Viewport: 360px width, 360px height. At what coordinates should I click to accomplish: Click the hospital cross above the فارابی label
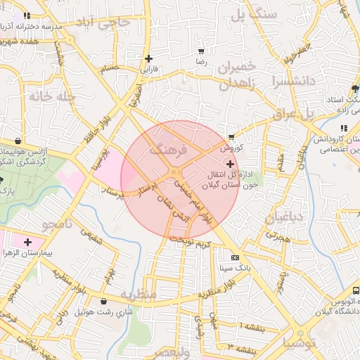[x=148, y=58]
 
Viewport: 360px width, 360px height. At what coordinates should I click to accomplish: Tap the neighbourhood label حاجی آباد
[x=105, y=23]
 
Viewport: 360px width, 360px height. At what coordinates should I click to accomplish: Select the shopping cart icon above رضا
[x=202, y=51]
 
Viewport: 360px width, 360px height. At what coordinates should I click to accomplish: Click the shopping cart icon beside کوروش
[x=231, y=137]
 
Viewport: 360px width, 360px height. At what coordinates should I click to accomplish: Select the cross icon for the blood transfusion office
[x=231, y=163]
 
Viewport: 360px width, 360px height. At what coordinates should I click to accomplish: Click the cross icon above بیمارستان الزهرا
[x=27, y=242]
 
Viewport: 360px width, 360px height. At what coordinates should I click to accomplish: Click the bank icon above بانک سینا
[x=235, y=257]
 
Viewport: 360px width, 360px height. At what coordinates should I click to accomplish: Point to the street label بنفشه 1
[x=251, y=327]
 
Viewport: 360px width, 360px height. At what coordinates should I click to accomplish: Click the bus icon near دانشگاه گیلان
[x=356, y=290]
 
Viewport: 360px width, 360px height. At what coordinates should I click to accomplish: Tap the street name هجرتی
[x=278, y=238]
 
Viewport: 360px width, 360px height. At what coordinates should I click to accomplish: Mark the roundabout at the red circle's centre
[x=174, y=173]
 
